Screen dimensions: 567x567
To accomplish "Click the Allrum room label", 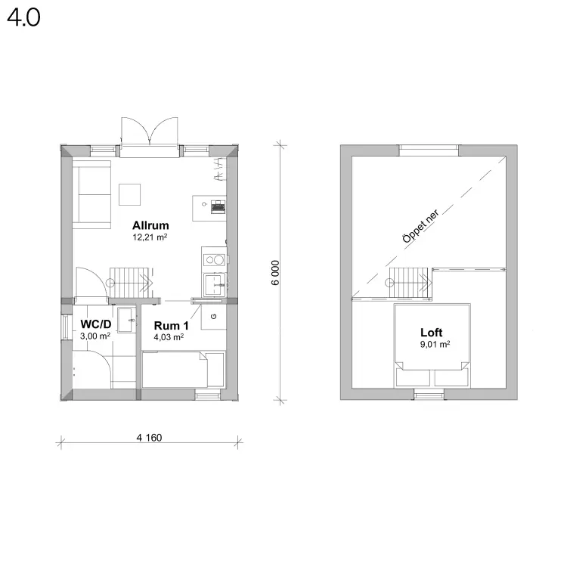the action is click(150, 225).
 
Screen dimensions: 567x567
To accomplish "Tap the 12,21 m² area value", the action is click(150, 237).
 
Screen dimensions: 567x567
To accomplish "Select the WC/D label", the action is click(96, 324).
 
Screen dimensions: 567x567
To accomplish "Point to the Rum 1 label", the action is click(171, 325).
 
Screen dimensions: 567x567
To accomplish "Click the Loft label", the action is click(432, 333).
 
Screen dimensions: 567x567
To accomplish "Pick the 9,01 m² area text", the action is click(435, 344).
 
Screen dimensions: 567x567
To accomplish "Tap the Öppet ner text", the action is click(420, 226).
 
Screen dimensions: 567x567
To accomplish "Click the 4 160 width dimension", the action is click(149, 438).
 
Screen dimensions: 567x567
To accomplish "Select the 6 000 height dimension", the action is click(275, 273).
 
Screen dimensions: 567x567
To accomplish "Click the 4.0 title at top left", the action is click(23, 17).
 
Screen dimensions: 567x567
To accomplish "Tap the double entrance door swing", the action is click(150, 132).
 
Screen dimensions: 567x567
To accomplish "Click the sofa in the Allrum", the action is click(91, 194).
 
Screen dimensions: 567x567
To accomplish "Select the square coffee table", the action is click(130, 194).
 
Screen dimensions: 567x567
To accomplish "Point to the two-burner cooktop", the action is click(214, 259).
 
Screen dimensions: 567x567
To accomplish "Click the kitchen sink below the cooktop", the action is click(215, 284).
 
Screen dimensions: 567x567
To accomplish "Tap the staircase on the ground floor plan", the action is click(130, 283).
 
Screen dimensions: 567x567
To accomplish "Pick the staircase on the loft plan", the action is click(409, 283).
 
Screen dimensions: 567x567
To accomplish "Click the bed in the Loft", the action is click(432, 345).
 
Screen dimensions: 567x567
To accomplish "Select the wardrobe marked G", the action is click(214, 317).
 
